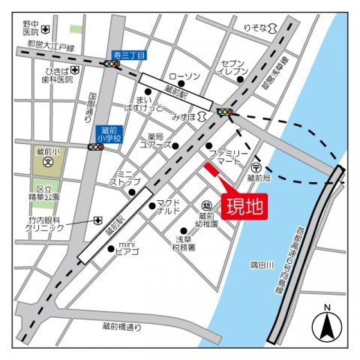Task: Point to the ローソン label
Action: tap(183, 76)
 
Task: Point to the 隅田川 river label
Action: tap(263, 265)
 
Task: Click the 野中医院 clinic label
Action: tap(30, 28)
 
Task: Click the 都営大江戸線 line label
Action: tap(51, 48)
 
